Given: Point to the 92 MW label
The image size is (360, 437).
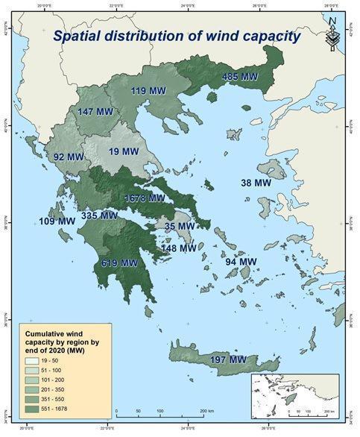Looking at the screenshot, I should click(x=69, y=157).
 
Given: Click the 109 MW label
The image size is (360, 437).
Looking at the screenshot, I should click(x=57, y=221).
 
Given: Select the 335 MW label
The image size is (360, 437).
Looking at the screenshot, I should click(x=99, y=216).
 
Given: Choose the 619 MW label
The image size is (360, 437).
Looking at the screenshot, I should click(x=119, y=263).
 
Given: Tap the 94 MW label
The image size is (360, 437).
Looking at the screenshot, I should click(x=241, y=262).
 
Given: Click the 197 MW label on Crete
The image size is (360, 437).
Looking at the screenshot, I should click(x=228, y=360).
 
